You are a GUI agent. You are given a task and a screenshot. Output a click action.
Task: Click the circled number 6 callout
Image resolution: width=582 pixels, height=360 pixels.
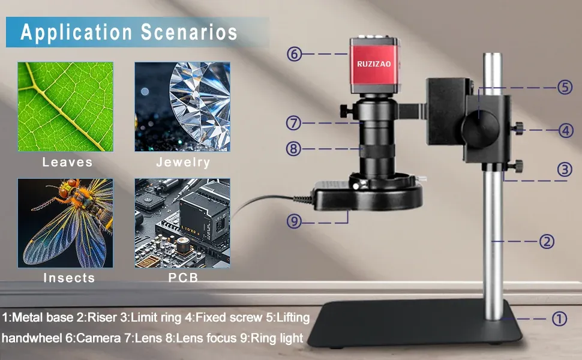coord(294,54)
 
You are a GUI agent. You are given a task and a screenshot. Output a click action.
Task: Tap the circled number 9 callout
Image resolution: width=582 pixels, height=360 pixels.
coord(294,221)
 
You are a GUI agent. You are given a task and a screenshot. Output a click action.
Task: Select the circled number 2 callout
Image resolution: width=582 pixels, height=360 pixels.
coord(547,242)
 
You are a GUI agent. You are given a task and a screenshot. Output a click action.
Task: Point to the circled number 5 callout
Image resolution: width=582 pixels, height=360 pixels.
coord(565,87)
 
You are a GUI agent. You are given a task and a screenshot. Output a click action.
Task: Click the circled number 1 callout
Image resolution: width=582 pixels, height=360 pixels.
coord(559,319)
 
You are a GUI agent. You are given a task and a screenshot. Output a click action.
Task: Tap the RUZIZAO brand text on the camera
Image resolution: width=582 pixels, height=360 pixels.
coord(374,64)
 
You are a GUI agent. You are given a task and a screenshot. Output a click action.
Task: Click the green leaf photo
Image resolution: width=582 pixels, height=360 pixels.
coord(65,107)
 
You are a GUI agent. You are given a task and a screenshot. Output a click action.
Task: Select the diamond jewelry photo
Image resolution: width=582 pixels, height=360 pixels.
coord(182,107)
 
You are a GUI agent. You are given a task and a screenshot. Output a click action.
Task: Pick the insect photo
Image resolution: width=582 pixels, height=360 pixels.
coord(65,223)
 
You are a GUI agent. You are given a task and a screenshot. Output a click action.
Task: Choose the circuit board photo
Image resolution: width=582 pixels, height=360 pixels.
coord(182,223)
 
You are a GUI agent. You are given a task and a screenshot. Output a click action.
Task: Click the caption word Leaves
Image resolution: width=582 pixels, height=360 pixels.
coord(67,162)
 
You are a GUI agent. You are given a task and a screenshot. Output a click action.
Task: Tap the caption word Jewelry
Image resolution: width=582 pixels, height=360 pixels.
coord(183,163)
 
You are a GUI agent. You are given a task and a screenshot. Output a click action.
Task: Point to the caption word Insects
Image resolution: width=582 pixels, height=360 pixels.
coord(69,278)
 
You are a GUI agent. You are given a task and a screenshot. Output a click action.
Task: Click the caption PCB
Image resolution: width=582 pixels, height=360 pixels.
coord(183,278)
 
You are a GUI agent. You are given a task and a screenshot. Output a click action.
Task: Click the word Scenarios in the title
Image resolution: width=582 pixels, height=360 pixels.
coord(189,32)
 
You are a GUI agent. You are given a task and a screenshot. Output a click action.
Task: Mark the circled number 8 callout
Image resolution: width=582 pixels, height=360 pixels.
coord(293,149)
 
